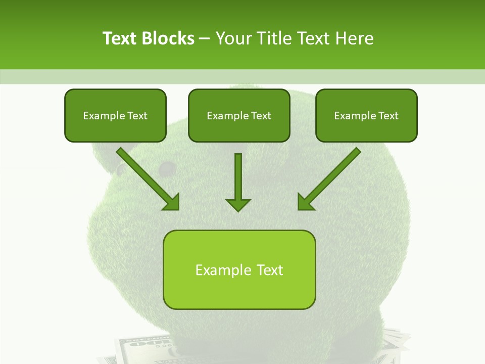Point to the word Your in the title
pos(234,38)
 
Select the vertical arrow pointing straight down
pos(238,177)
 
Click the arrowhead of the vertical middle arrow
pos(238,204)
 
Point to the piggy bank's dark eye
pos(166,167)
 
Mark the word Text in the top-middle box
pos(261,116)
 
